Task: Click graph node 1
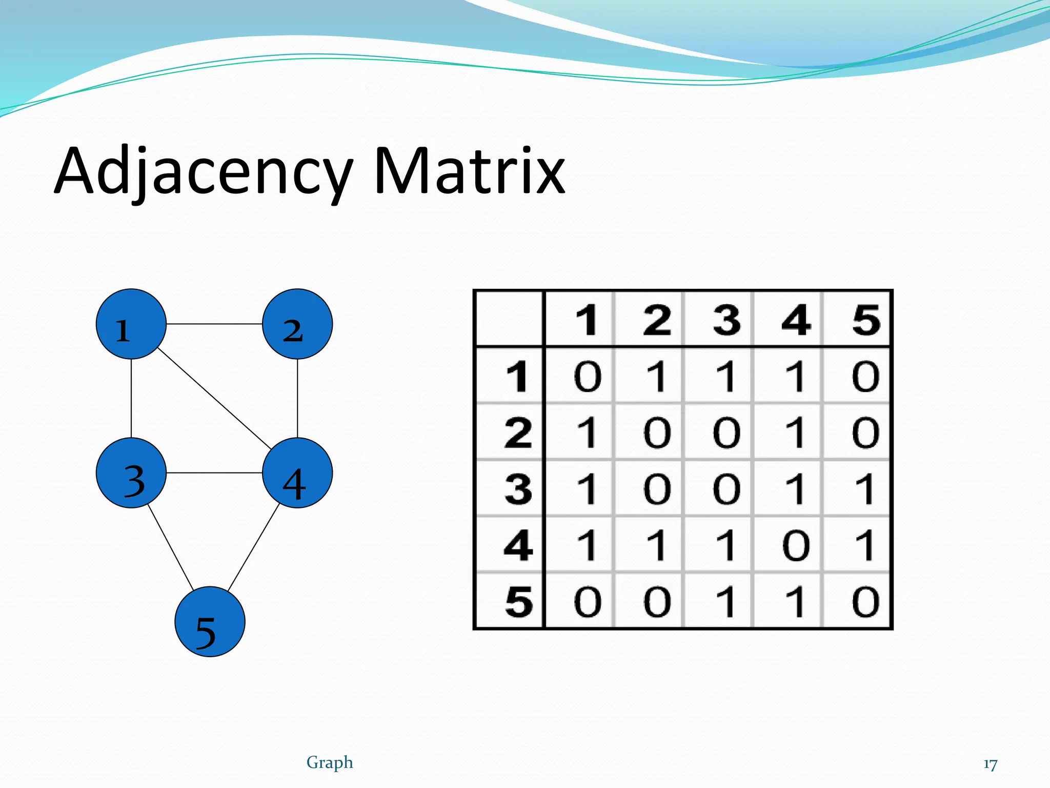coord(131,324)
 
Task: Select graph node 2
coord(297,324)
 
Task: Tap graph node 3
coord(131,472)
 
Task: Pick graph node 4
coord(297,472)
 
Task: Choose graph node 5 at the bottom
coord(210,621)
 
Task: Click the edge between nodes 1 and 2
coord(214,324)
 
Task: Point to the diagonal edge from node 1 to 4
coord(214,398)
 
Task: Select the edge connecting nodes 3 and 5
coord(171,547)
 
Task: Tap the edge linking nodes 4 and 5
coord(253,547)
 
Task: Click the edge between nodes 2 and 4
coord(297,398)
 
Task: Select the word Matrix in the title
coord(469,171)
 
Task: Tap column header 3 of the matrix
coord(726,320)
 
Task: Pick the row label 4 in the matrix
coord(518,545)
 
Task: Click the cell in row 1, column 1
coord(587,376)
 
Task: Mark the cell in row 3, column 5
coord(865,488)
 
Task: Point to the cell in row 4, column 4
coord(796,545)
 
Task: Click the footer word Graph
coord(330,762)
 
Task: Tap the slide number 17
coord(990,764)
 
